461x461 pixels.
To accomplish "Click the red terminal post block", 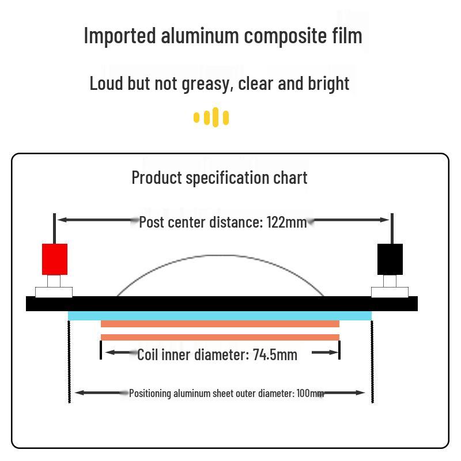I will point(55,259).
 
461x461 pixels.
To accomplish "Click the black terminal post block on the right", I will point(390,259).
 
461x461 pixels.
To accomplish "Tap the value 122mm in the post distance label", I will point(286,222).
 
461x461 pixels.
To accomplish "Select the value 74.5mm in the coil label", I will point(275,354).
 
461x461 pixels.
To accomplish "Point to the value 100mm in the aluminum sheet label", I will point(310,393).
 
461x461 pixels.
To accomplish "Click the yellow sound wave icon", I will point(211,118).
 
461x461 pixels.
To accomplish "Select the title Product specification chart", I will point(220,177).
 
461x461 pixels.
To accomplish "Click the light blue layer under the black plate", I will point(220,316).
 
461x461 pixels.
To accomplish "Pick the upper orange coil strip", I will point(220,324).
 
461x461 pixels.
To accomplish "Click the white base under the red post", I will point(54,292).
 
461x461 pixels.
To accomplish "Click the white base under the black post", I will point(390,292).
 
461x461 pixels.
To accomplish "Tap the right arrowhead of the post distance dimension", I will point(386,220).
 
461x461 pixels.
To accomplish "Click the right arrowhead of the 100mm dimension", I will point(361,393).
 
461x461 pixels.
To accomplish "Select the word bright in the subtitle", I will point(328,84).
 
